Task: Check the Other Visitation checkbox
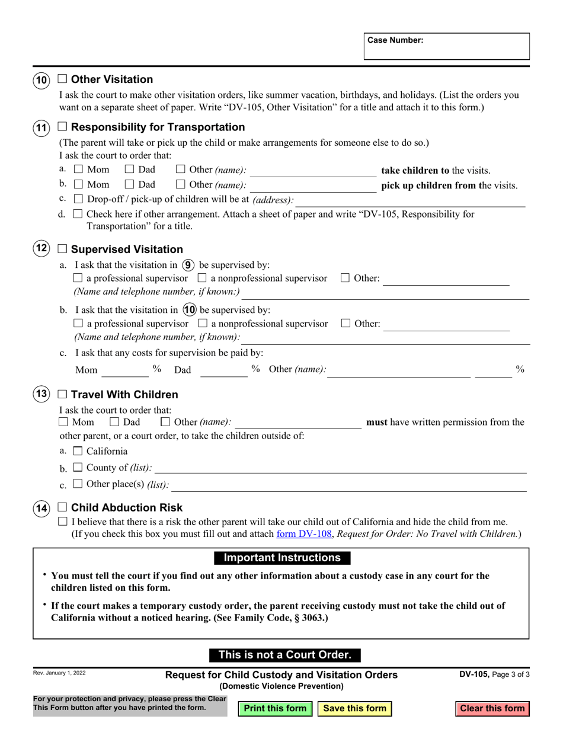click(62, 79)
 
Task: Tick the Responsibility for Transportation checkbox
click(62, 127)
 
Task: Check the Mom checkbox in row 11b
click(78, 185)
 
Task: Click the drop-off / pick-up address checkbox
click(78, 199)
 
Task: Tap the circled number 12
click(41, 249)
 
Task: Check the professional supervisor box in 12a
click(78, 278)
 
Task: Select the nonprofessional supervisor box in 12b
click(203, 324)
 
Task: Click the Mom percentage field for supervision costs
click(125, 370)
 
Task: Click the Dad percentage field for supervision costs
click(223, 370)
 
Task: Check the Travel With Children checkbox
click(62, 395)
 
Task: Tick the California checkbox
click(78, 451)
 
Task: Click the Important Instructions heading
click(281, 558)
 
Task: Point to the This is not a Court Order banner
click(285, 655)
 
